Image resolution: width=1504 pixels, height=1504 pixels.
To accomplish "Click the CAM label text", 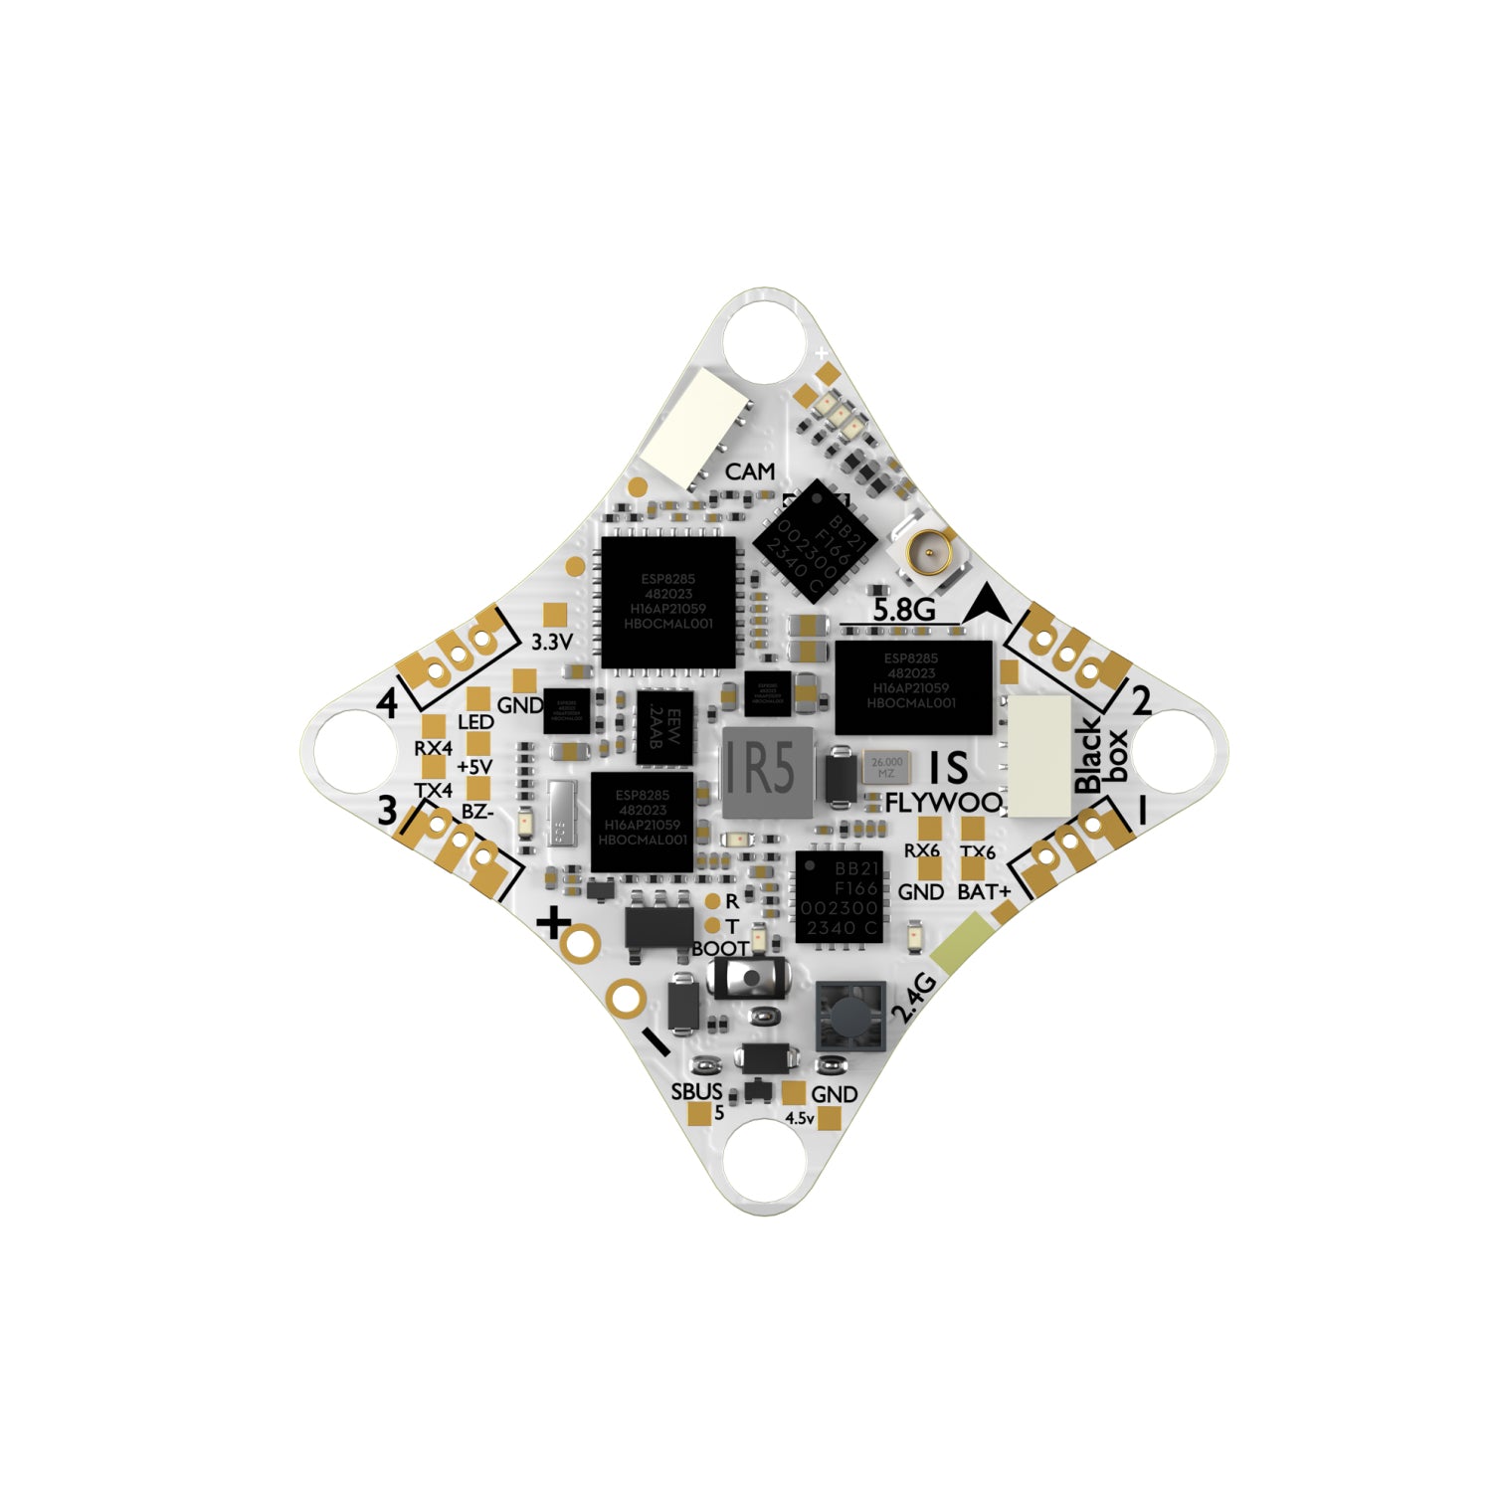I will tap(749, 471).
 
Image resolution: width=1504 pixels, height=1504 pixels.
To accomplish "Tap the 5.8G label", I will tap(902, 609).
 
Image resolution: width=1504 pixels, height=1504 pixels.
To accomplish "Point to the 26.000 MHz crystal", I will tap(886, 767).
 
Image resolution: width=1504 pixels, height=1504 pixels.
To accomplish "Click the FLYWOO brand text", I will tap(943, 803).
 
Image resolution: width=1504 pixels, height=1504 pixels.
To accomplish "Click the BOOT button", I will tap(751, 979).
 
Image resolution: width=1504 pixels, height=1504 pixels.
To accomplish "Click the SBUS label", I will tap(696, 1091).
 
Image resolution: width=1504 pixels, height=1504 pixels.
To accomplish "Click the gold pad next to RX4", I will tap(433, 726).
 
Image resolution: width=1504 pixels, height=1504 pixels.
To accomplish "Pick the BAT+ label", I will tap(983, 892).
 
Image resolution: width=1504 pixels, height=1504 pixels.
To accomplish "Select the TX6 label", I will tap(978, 852).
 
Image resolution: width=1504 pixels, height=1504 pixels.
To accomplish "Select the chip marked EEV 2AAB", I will tap(664, 728).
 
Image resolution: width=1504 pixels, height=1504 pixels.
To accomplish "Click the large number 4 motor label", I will tap(388, 704).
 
